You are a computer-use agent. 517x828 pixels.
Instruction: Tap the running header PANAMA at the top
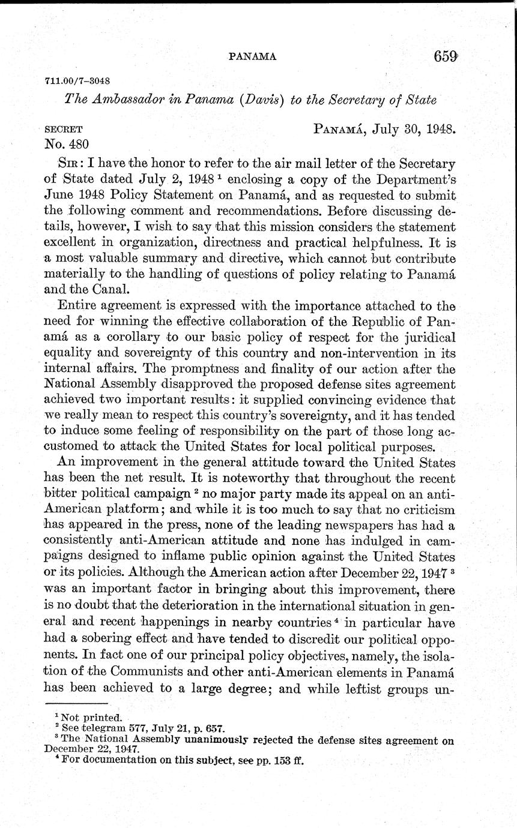(x=252, y=57)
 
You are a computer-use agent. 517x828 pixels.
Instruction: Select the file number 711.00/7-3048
(x=76, y=81)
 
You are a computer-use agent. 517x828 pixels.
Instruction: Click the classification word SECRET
(x=64, y=129)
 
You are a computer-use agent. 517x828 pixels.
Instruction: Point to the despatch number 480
(x=78, y=143)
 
